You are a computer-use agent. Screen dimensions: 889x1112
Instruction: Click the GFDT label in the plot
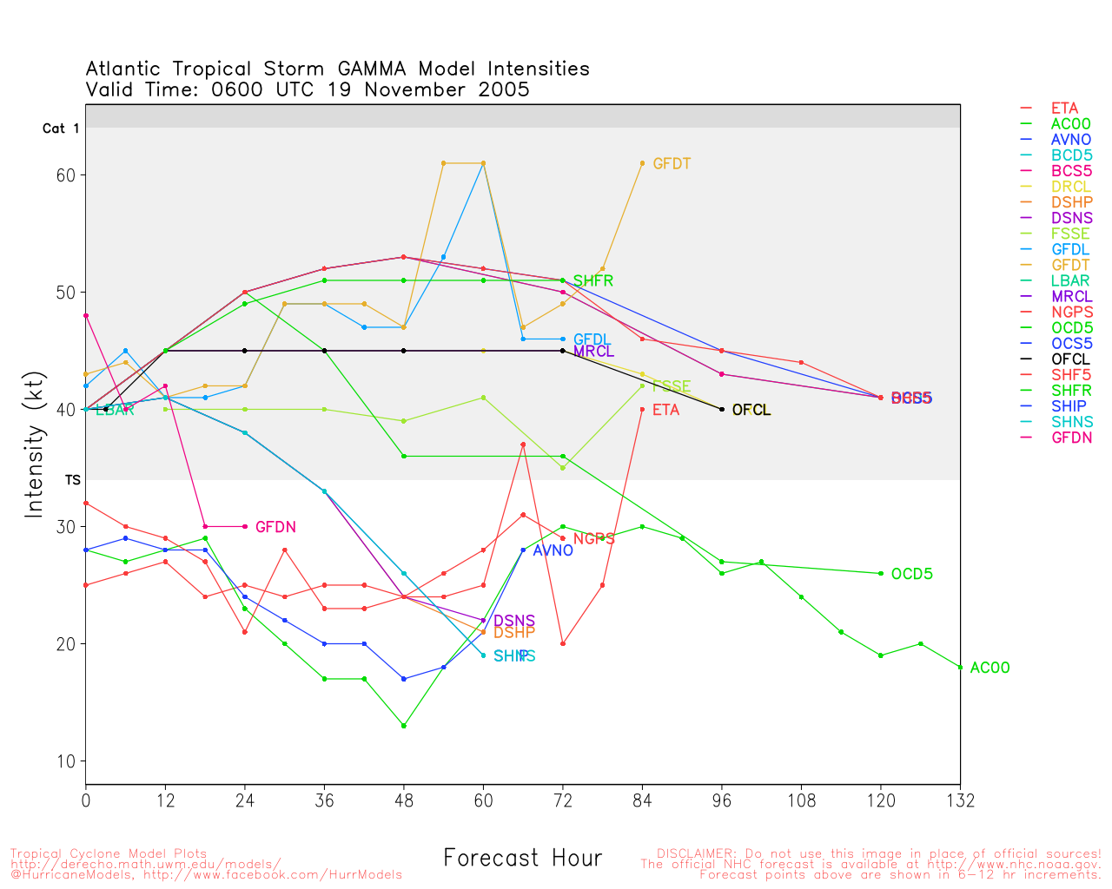(x=672, y=163)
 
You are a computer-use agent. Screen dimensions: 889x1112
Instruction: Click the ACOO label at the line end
(x=990, y=668)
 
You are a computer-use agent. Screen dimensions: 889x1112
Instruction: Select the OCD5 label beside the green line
(x=911, y=574)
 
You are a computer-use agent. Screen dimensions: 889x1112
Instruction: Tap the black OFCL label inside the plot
(x=751, y=410)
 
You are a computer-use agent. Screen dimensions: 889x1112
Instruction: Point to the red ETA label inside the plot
(x=665, y=410)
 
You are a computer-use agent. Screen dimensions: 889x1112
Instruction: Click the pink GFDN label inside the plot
(x=275, y=527)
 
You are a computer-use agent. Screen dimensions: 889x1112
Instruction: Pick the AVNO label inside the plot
(x=553, y=550)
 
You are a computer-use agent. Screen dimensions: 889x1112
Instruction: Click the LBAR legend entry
(x=1070, y=280)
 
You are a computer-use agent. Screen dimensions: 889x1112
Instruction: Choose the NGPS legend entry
(x=1072, y=312)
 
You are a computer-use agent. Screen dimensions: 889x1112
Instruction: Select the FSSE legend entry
(x=1070, y=234)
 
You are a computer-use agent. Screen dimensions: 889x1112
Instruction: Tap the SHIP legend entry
(x=1069, y=405)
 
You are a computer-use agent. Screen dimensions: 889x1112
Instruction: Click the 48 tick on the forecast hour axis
(x=404, y=800)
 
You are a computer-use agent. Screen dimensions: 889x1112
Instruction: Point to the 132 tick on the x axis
(x=960, y=800)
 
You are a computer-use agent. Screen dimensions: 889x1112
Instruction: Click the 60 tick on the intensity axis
(x=66, y=175)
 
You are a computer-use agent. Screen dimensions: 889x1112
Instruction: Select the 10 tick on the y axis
(x=66, y=761)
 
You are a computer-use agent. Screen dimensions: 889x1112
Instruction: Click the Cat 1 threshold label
(x=61, y=128)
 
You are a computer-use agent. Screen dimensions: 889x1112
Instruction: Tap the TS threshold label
(x=73, y=480)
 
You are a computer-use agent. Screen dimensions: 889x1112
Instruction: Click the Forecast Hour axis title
(x=522, y=858)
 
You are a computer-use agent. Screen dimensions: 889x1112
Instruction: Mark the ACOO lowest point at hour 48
(x=404, y=726)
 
